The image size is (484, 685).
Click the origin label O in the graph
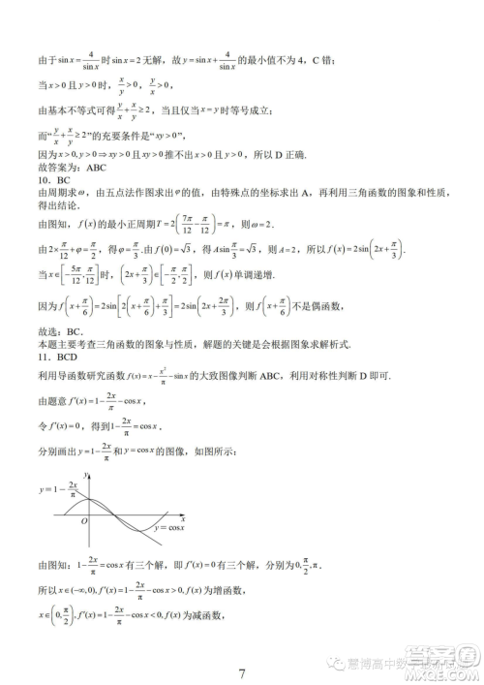85,521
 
